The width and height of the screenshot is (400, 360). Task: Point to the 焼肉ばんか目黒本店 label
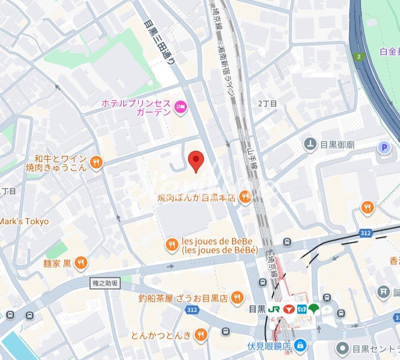pyautogui.click(x=196, y=198)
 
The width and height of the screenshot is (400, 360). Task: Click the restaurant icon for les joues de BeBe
pyautogui.click(x=172, y=244)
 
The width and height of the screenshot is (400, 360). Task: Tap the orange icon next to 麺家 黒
pyautogui.click(x=81, y=263)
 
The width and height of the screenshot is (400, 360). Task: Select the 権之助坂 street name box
pyautogui.click(x=106, y=283)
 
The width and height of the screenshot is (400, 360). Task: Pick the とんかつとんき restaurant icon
pyautogui.click(x=201, y=334)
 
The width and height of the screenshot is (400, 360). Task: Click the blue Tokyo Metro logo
pyautogui.click(x=301, y=309)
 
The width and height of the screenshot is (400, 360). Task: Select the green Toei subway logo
pyautogui.click(x=314, y=309)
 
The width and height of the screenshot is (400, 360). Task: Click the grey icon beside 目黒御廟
pyautogui.click(x=310, y=145)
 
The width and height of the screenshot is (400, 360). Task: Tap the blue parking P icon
pyautogui.click(x=384, y=147)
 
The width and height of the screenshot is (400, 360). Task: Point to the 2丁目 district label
pyautogui.click(x=267, y=104)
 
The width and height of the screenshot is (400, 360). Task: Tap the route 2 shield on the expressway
pyautogui.click(x=359, y=57)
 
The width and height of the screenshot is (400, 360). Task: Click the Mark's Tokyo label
pyautogui.click(x=24, y=221)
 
